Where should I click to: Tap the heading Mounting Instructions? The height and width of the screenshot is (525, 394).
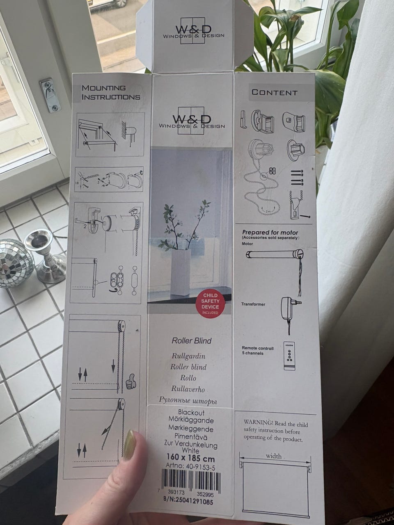pos(111,93)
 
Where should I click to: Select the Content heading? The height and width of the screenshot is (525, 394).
pos(275,92)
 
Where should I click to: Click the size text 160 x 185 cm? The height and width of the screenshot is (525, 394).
pos(190,458)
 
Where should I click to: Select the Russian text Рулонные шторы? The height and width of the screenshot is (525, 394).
pos(188,401)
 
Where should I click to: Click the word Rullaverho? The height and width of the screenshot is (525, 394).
pos(188,389)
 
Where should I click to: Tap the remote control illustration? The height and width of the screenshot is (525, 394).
pos(289,356)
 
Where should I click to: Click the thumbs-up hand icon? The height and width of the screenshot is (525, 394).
pos(131,381)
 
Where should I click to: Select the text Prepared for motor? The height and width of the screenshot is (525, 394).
pos(270,232)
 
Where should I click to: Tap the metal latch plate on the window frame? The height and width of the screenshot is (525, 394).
pos(50,95)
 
